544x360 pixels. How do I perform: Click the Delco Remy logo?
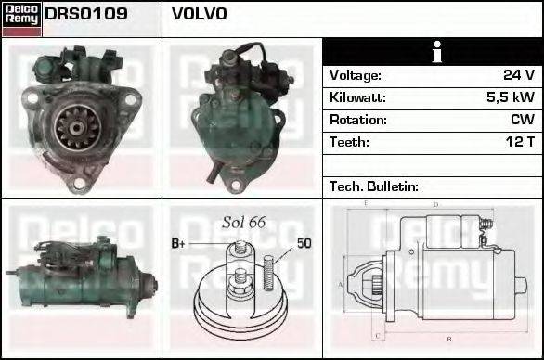(20, 18)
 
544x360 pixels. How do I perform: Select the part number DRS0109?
(86, 15)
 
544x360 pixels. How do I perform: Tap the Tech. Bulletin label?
(374, 186)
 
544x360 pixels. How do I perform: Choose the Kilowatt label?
(357, 97)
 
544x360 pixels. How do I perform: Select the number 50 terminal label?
(304, 244)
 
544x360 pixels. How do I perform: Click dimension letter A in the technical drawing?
(341, 283)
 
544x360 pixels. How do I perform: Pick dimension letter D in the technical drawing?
(435, 204)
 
